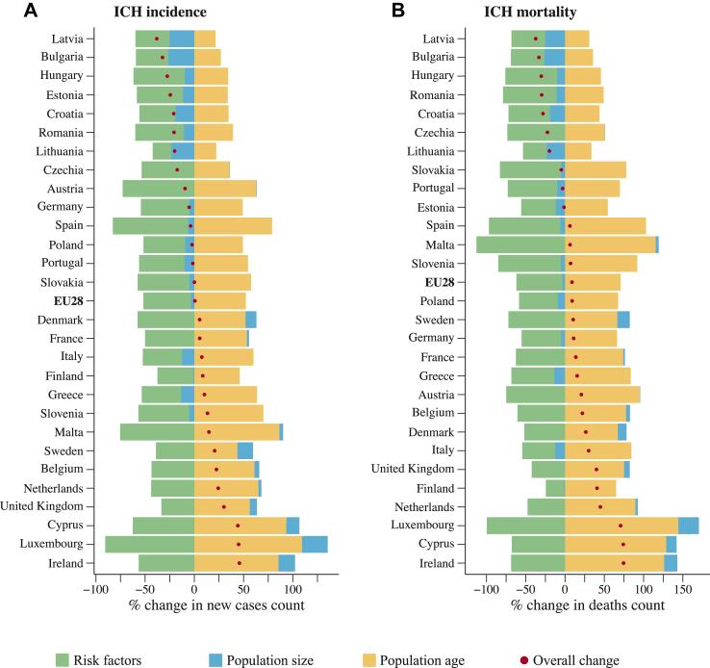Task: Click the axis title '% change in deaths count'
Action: [587, 605]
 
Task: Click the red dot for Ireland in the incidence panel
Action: [240, 563]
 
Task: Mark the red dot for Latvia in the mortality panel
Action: [536, 39]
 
